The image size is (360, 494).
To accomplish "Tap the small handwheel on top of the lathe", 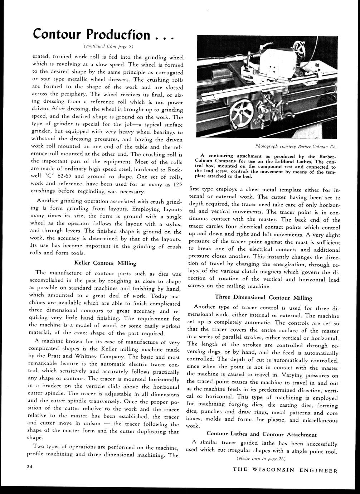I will (x=298, y=48).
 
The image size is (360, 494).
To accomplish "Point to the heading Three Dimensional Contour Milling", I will (x=263, y=297).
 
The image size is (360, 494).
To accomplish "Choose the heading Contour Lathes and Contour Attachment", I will (x=262, y=434).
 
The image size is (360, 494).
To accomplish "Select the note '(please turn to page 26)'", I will (x=261, y=458).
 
